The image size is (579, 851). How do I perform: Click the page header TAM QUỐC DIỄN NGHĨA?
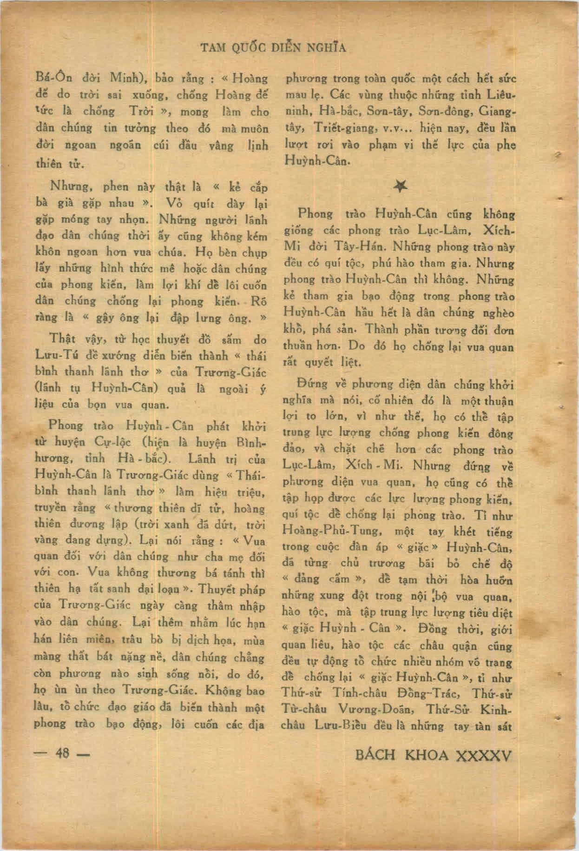273,48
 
